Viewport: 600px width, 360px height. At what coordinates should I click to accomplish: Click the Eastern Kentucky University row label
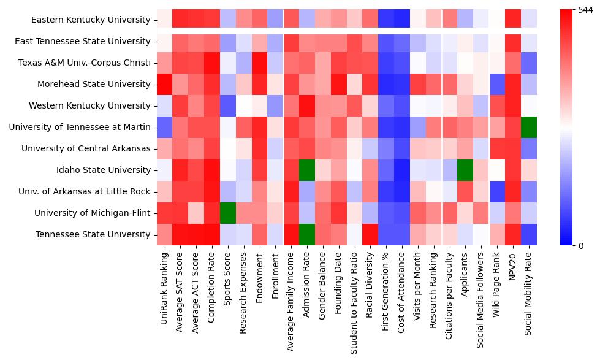(x=91, y=20)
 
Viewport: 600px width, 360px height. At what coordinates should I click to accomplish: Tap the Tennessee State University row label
(x=93, y=234)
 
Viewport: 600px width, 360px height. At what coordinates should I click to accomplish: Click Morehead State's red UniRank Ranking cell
(x=164, y=84)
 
